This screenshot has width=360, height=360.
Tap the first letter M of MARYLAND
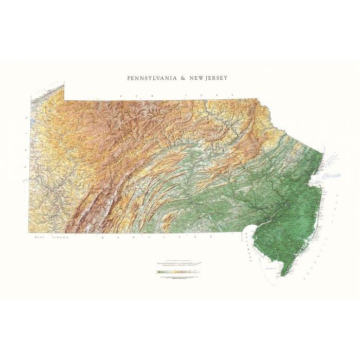coord(103,238)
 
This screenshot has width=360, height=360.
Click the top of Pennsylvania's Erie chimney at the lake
coord(64,83)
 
